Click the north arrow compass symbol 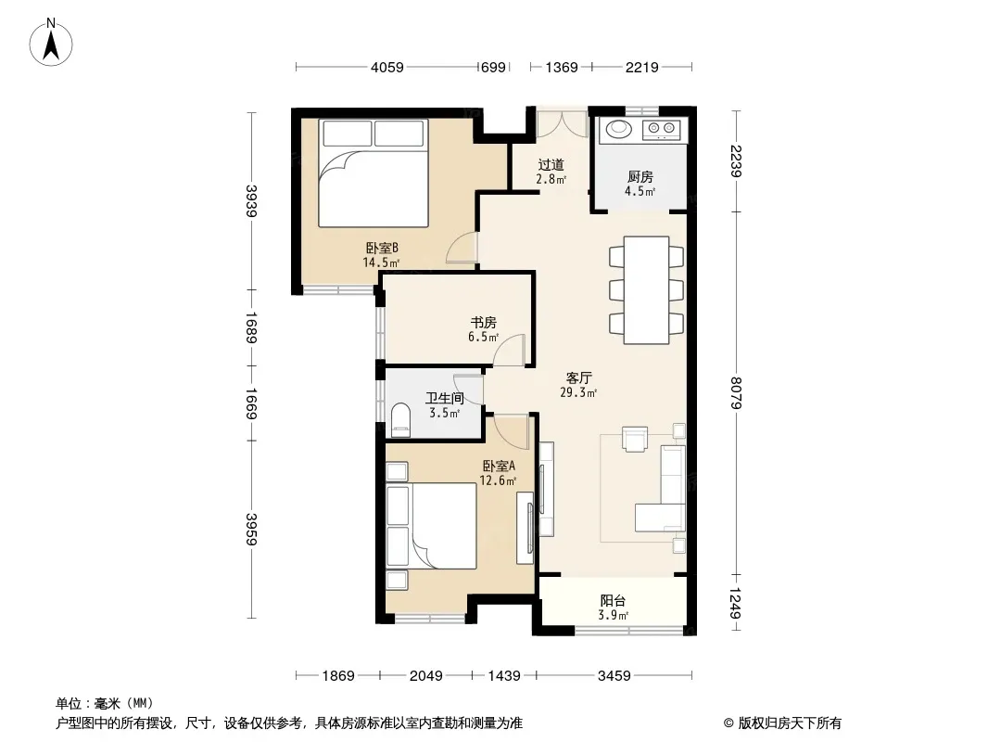pyautogui.click(x=51, y=43)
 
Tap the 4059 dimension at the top pyautogui.click(x=386, y=67)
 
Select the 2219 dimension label pyautogui.click(x=641, y=67)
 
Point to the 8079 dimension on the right pyautogui.click(x=736, y=392)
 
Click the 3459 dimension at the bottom pyautogui.click(x=614, y=676)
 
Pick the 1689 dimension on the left pyautogui.click(x=251, y=327)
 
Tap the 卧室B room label pyautogui.click(x=382, y=248)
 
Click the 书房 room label pyautogui.click(x=483, y=322)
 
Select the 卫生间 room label pyautogui.click(x=445, y=398)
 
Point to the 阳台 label pyautogui.click(x=613, y=600)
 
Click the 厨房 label pyautogui.click(x=640, y=176)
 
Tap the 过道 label pyautogui.click(x=551, y=164)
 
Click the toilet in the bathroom pyautogui.click(x=400, y=420)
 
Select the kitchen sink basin pyautogui.click(x=619, y=129)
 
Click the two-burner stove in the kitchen pyautogui.click(x=661, y=130)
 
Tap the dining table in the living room pyautogui.click(x=647, y=290)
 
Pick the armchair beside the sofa pyautogui.click(x=635, y=439)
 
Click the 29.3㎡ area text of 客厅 pyautogui.click(x=578, y=392)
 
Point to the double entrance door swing pyautogui.click(x=562, y=124)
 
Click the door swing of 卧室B pyautogui.click(x=462, y=248)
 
